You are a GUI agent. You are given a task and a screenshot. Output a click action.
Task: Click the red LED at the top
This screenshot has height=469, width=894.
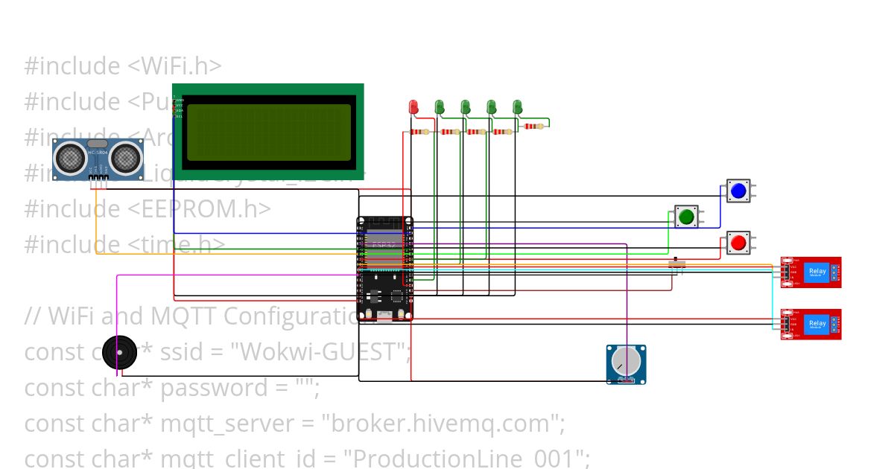(x=413, y=107)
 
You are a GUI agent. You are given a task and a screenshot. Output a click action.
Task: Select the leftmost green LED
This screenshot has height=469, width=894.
(x=440, y=107)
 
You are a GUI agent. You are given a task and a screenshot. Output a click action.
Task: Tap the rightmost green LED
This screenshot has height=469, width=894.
(x=517, y=107)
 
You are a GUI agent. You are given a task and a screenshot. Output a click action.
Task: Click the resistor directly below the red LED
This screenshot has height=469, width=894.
(x=420, y=132)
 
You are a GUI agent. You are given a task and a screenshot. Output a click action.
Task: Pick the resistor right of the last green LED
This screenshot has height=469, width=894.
(x=533, y=126)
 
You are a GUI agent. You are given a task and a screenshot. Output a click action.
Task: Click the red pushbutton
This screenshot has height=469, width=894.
(x=738, y=243)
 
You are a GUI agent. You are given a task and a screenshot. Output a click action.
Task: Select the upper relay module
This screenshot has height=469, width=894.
(x=811, y=272)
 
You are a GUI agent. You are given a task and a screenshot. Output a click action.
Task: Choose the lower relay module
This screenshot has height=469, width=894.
(x=811, y=324)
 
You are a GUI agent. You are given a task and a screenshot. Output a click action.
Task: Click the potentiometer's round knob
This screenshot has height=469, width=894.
(x=625, y=363)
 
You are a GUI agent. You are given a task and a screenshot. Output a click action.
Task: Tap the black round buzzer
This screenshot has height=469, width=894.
(x=119, y=354)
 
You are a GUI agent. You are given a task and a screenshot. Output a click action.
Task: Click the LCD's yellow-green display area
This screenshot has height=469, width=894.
(x=268, y=132)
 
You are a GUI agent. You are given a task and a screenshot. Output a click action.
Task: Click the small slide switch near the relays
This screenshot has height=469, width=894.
(x=676, y=264)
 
